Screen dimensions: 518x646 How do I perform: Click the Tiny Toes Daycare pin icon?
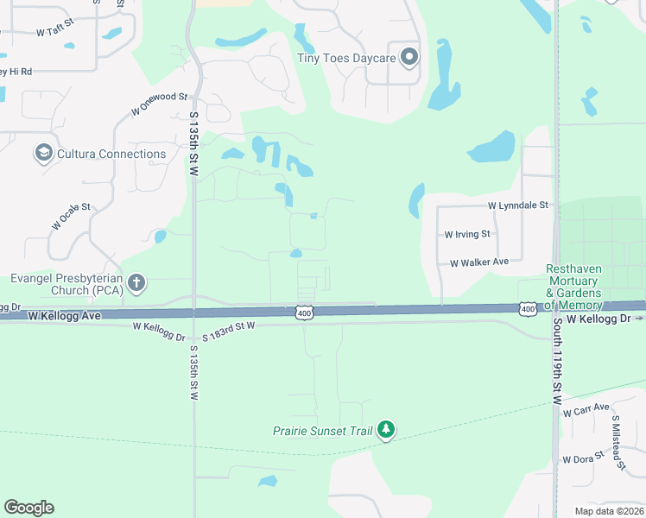409,58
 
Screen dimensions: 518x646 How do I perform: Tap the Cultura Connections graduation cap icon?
42,154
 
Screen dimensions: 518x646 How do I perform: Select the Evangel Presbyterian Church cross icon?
136,282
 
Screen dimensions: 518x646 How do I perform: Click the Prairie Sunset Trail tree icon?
386,429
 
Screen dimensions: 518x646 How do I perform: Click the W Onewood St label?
159,104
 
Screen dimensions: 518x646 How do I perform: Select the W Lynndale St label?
518,205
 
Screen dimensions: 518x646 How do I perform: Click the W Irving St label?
467,234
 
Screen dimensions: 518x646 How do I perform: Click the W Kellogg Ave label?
64,316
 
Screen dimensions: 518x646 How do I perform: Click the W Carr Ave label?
586,409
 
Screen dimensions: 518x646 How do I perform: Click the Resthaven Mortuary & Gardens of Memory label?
573,287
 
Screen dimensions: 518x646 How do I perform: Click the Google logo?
28,508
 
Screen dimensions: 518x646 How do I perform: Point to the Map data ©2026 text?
610,511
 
